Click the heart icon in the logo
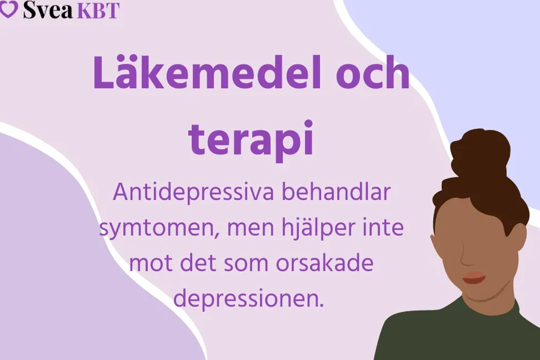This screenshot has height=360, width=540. (x=8, y=9)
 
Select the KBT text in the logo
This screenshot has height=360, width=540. (x=98, y=10)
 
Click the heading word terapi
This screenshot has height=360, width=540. (x=251, y=138)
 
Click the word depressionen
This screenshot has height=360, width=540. (x=248, y=299)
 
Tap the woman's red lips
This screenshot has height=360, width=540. (x=474, y=277)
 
